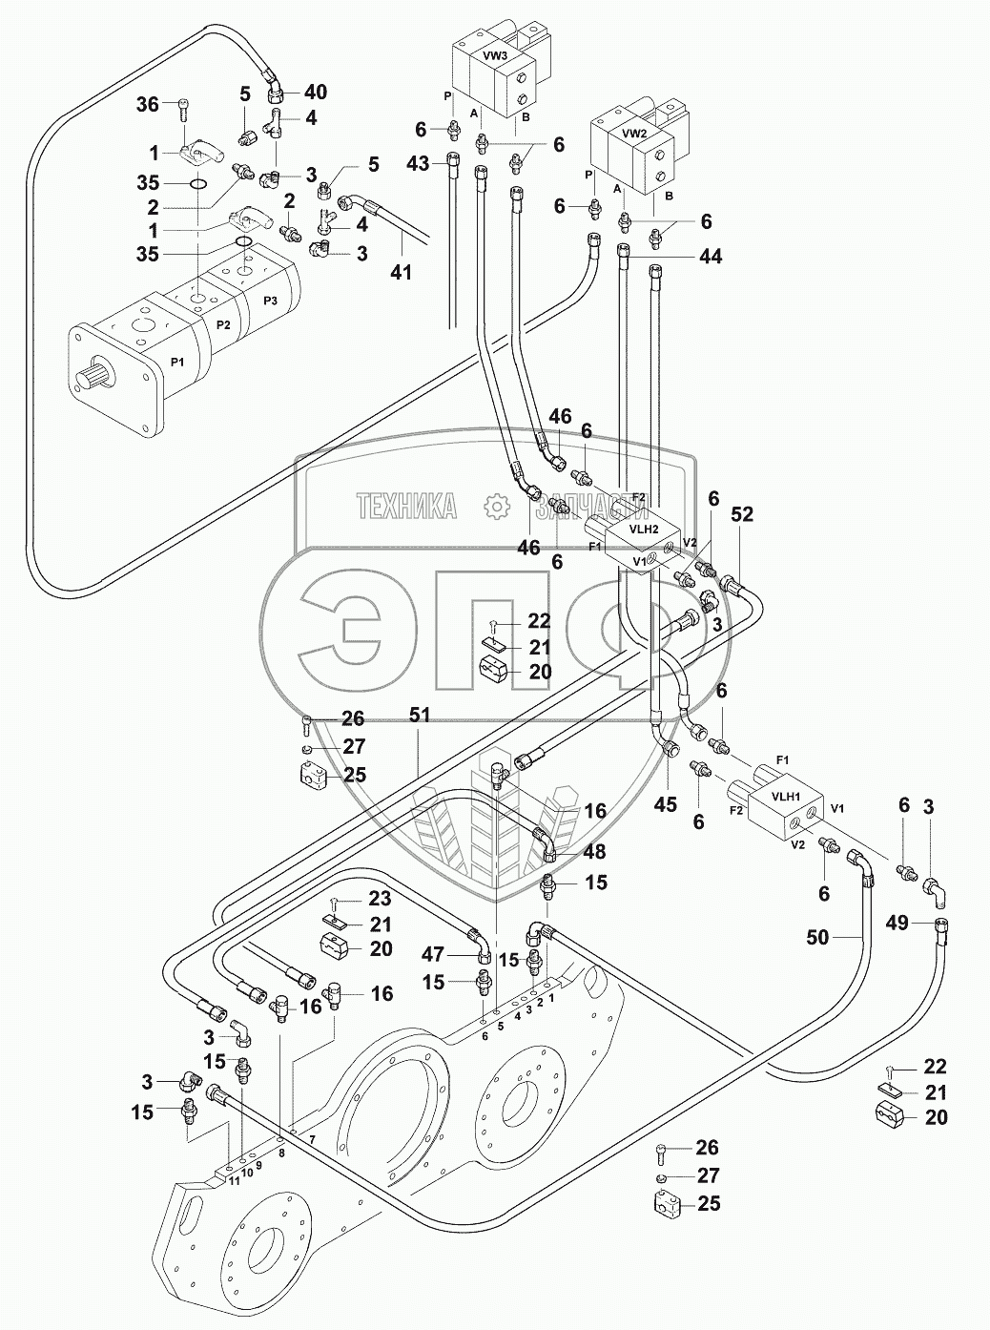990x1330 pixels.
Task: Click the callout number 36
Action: (149, 106)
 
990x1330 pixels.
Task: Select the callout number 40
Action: (315, 93)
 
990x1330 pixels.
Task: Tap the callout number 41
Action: (402, 272)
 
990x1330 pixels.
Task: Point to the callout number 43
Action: (418, 163)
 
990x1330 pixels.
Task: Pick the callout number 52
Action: (742, 514)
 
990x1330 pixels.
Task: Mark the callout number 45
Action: (665, 804)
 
